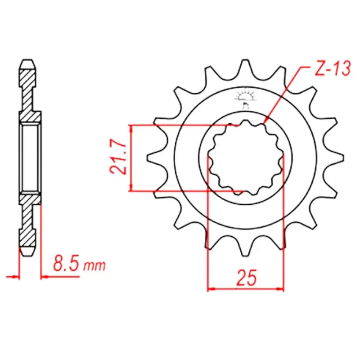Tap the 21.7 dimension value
(x=118, y=158)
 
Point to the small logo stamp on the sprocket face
(x=246, y=98)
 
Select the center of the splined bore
(x=246, y=158)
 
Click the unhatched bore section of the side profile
(x=30, y=158)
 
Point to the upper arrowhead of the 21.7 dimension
(x=131, y=129)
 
